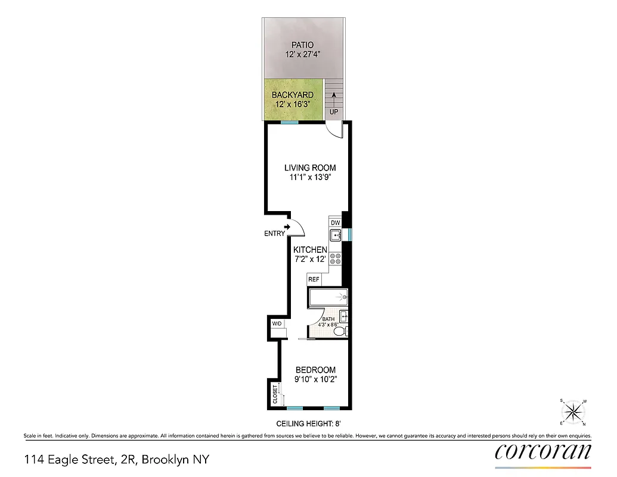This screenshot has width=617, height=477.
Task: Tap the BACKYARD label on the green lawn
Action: pyautogui.click(x=293, y=95)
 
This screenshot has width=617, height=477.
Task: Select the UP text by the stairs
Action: pyautogui.click(x=334, y=112)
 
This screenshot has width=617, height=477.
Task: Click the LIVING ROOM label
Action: pyautogui.click(x=310, y=168)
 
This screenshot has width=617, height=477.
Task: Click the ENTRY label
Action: pyautogui.click(x=274, y=234)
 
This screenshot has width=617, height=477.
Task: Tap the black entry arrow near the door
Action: pyautogui.click(x=288, y=227)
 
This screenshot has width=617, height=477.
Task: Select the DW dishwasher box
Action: pyautogui.click(x=335, y=222)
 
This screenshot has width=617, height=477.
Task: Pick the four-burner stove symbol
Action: pyautogui.click(x=335, y=259)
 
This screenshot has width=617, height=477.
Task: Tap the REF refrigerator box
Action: pyautogui.click(x=314, y=279)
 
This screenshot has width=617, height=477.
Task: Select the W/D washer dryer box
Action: pyautogui.click(x=277, y=324)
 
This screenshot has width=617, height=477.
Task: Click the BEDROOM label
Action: pyautogui.click(x=315, y=370)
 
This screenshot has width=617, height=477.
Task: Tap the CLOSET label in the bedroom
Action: pyautogui.click(x=275, y=394)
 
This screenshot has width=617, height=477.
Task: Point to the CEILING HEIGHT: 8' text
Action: pyautogui.click(x=308, y=424)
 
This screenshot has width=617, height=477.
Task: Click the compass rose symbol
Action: pyautogui.click(x=573, y=411)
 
